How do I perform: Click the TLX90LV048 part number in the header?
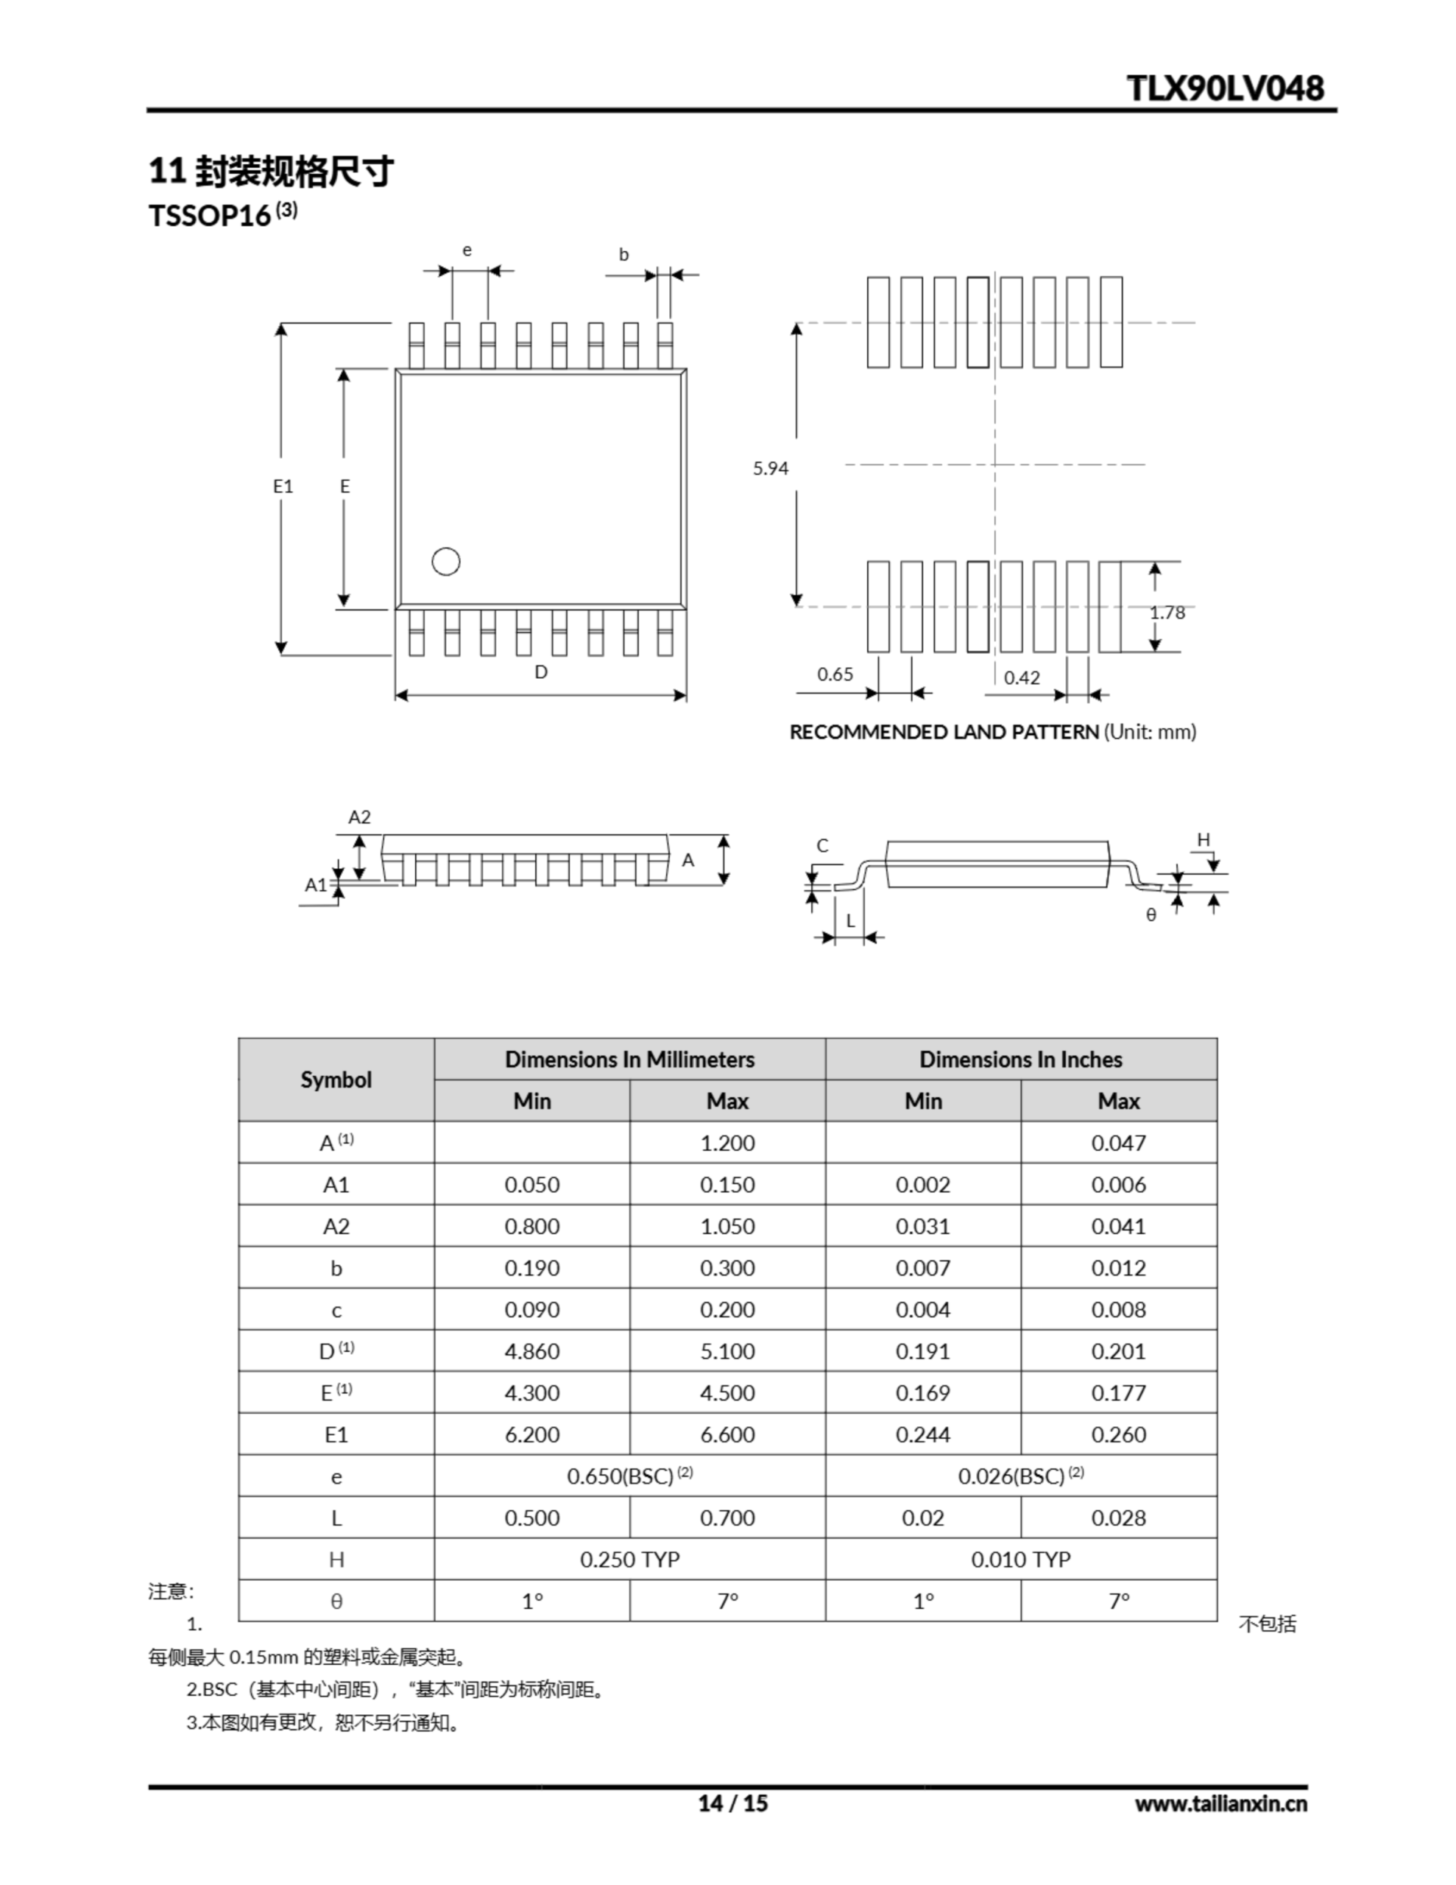pos(1226,88)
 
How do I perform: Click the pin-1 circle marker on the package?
pos(445,562)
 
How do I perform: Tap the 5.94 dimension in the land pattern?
pos(770,468)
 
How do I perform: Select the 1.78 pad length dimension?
pos(1167,613)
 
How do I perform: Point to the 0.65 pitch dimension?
pos(835,674)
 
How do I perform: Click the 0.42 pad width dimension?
pos(1022,678)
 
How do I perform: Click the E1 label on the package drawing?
pos(283,487)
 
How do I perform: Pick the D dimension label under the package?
pos(541,672)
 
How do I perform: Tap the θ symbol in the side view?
pos(1151,915)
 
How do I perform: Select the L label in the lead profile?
pos(850,921)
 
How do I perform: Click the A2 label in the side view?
pos(359,817)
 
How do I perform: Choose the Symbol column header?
pos(336,1079)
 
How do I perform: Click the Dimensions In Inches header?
pos(1020,1059)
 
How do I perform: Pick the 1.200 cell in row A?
pos(727,1143)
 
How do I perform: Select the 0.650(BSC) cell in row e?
pos(629,1476)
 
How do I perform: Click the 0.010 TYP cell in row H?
pos(1020,1559)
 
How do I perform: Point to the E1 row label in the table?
pos(336,1434)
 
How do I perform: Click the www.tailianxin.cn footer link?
pos(1220,1803)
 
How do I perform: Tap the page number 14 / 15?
pos(732,1803)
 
